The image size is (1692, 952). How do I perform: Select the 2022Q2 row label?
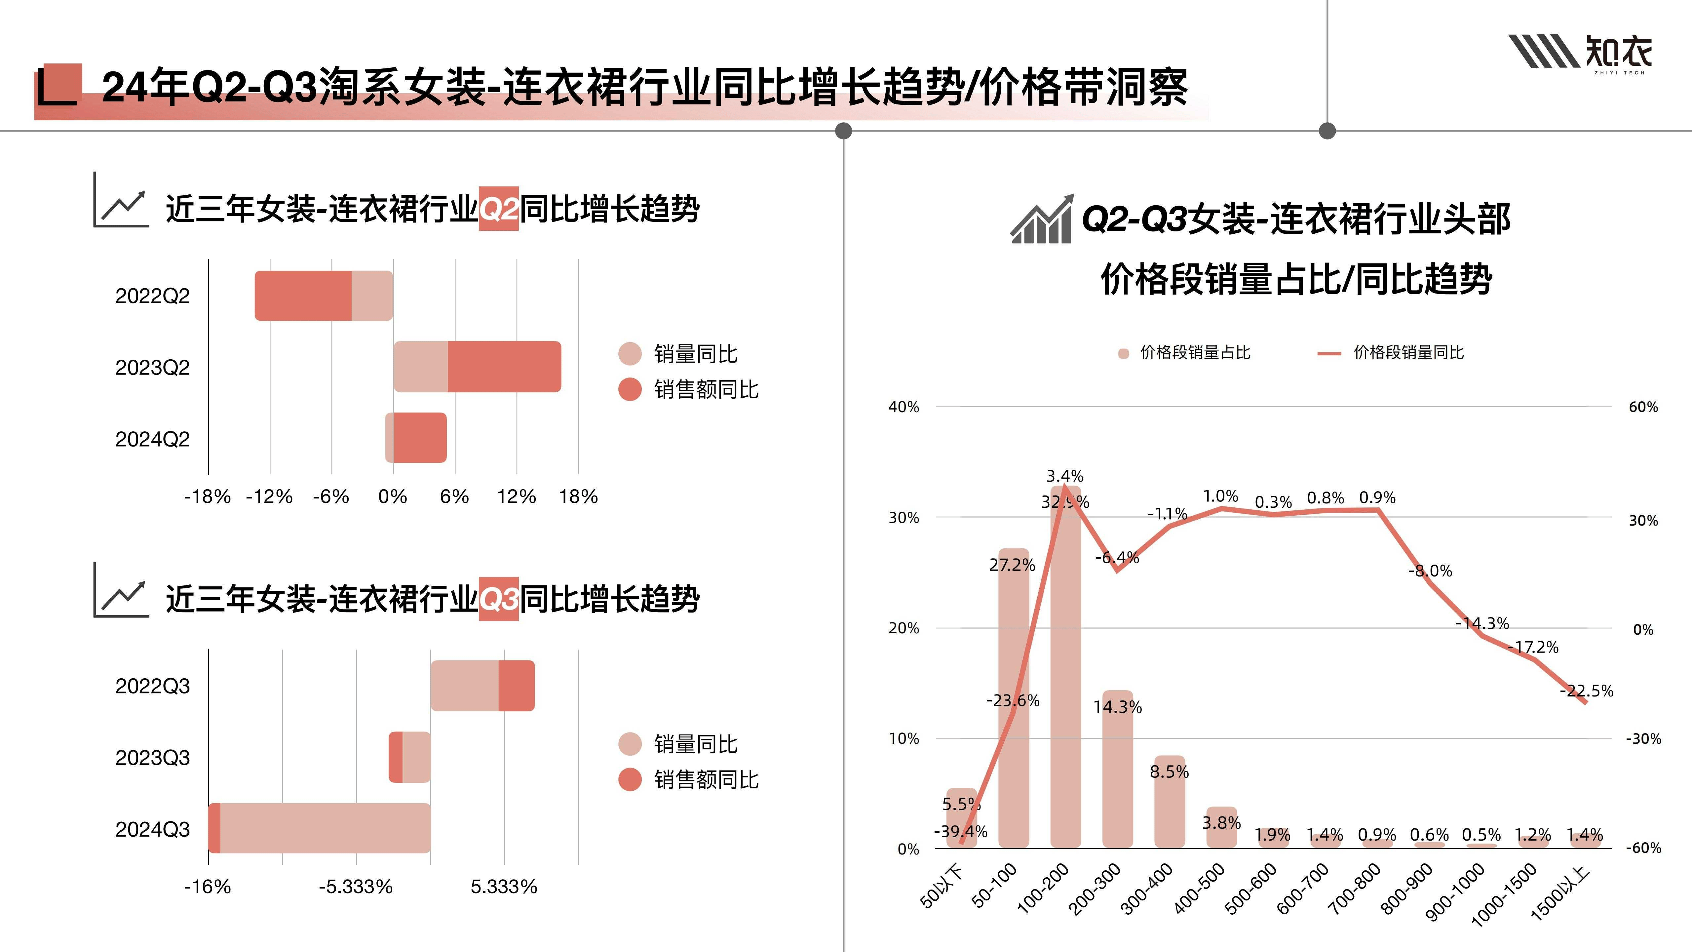coord(152,296)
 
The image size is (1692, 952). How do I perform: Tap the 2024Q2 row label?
coord(152,439)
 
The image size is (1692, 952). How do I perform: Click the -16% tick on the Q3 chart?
coord(208,887)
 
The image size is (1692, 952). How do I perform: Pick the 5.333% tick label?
coord(504,887)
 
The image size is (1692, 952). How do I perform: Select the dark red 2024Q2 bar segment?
coord(420,438)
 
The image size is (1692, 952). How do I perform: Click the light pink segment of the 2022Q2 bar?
coord(372,296)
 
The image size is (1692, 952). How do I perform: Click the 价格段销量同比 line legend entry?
coord(1391,353)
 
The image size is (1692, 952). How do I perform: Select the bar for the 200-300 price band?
coord(1117,769)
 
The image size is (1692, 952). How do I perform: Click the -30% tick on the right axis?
coord(1643,739)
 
